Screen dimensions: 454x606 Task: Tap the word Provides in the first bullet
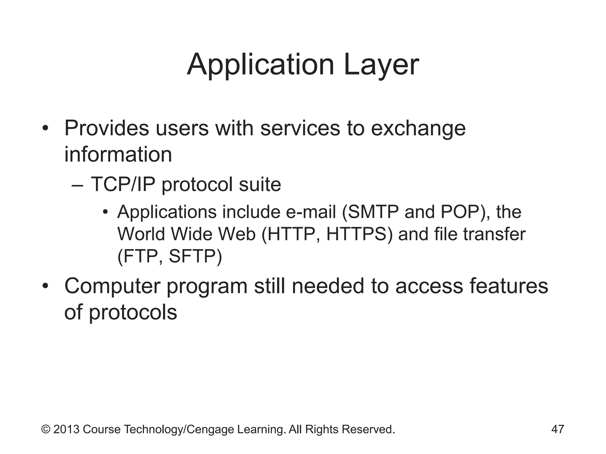coord(107,129)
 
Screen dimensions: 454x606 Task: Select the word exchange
coord(418,129)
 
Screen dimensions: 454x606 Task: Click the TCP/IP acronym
coord(123,184)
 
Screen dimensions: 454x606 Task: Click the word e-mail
coord(311,212)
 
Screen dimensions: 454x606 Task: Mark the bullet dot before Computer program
coord(45,286)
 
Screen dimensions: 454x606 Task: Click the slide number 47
coord(557,429)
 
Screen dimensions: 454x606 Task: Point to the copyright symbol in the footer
coord(46,429)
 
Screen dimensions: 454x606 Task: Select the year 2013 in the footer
coord(66,429)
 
